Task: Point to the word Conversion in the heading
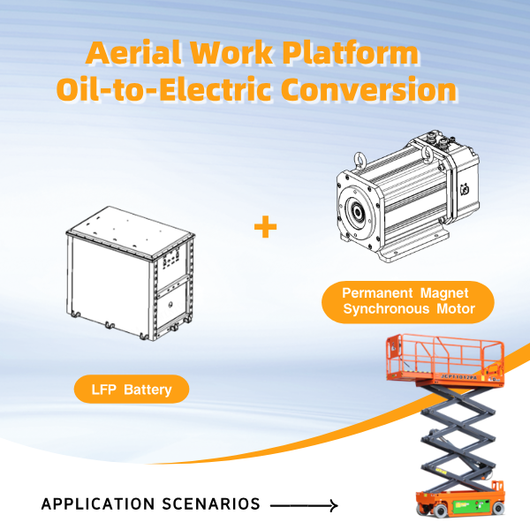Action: [x=370, y=90]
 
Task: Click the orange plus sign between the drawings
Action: [x=265, y=227]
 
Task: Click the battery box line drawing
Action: [x=128, y=274]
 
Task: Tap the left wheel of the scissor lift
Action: [x=421, y=511]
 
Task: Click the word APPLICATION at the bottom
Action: [x=96, y=504]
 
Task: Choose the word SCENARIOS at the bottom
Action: [x=213, y=504]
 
